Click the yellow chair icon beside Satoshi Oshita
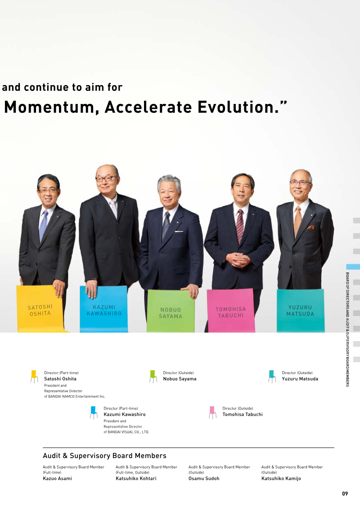34,377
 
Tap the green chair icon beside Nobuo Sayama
153,377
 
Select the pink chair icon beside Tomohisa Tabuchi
212,412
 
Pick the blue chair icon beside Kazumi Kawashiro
94,412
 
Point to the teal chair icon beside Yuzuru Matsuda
272,377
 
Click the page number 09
345,493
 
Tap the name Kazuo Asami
58,478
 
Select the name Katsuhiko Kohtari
136,478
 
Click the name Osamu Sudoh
204,478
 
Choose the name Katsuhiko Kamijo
281,478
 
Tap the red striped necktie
240,226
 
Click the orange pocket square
310,227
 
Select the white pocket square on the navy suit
179,231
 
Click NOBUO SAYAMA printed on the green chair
171,313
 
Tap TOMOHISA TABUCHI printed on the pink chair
231,312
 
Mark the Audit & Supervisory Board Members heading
104,456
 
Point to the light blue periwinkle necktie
43,225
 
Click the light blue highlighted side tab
353,267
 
